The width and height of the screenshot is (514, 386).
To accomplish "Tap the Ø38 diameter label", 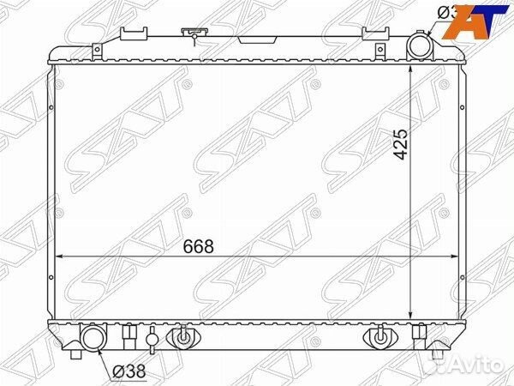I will coord(128,371).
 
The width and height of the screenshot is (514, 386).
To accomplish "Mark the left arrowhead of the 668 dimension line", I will coord(58,256).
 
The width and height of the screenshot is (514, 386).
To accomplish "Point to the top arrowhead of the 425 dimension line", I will coord(413,69).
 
